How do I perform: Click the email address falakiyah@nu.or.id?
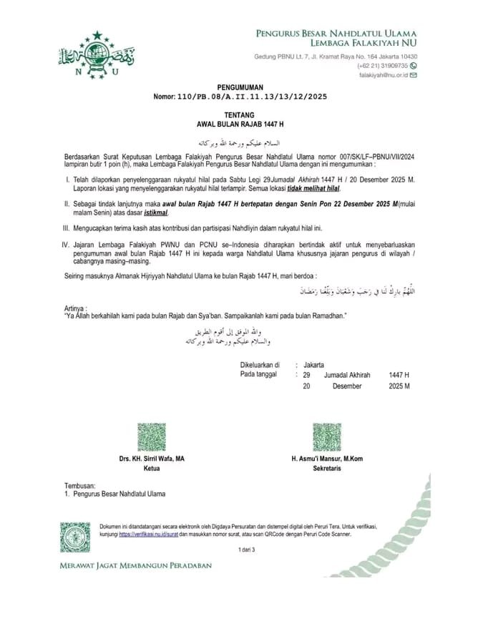pyautogui.click(x=383, y=74)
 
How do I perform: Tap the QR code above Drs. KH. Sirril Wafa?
pyautogui.click(x=152, y=437)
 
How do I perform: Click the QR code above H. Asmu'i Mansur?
pyautogui.click(x=327, y=437)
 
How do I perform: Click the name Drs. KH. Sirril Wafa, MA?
pyautogui.click(x=152, y=459)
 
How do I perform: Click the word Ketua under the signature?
pyautogui.click(x=152, y=468)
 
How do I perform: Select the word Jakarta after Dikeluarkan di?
pyautogui.click(x=313, y=364)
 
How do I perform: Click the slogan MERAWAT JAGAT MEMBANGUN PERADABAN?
pyautogui.click(x=135, y=565)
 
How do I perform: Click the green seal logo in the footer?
pyautogui.click(x=75, y=537)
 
